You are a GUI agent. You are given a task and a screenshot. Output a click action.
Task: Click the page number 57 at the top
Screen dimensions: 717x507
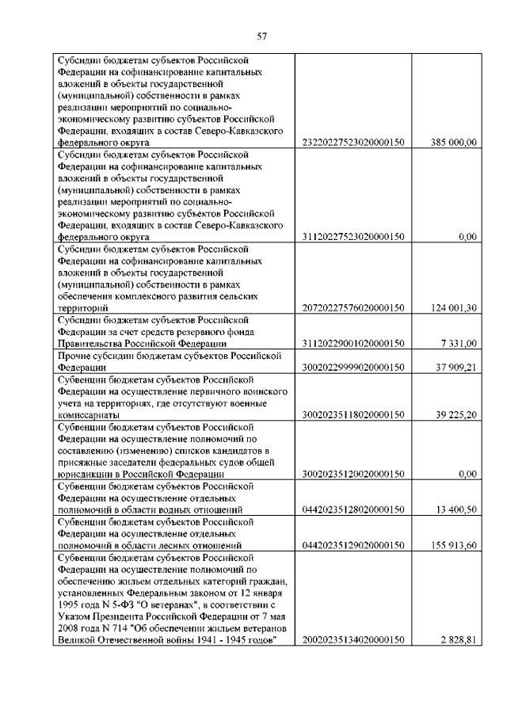[x=262, y=35]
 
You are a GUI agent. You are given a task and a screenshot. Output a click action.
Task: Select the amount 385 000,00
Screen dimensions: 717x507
[x=453, y=143]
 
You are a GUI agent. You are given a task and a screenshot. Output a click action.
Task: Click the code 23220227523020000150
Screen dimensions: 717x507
[x=354, y=143]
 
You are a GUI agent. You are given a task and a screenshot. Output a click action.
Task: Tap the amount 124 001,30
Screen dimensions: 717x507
[x=453, y=308]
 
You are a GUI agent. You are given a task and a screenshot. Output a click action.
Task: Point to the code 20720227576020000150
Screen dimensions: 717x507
[x=354, y=308]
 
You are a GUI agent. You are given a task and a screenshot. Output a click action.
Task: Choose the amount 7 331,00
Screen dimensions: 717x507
[x=459, y=343]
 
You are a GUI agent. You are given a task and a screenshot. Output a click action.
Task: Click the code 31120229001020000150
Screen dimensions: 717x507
[x=354, y=343]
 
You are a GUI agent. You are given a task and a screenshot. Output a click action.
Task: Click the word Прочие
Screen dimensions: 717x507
[x=74, y=356]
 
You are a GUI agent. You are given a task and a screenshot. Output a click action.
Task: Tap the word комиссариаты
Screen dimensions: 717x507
[x=89, y=414]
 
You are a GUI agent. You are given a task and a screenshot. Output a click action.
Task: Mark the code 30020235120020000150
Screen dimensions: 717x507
[x=354, y=474]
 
